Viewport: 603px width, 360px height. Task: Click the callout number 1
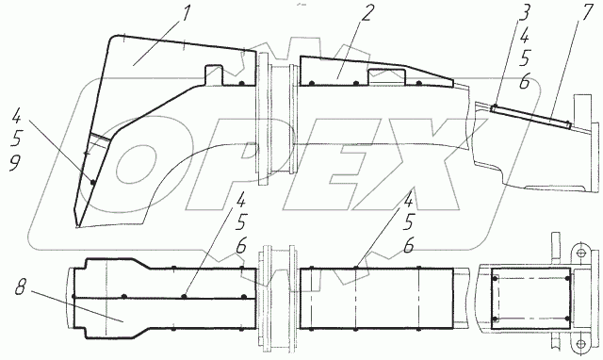coord(186,15)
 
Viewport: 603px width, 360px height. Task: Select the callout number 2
coord(367,14)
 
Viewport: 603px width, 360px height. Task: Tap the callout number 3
coord(525,12)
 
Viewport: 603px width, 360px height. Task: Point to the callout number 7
coord(586,13)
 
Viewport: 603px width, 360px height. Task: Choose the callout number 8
coord(21,288)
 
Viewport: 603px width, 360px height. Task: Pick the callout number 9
coord(15,164)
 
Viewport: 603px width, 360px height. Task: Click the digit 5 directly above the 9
coord(17,139)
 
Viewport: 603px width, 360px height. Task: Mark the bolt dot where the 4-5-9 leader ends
coord(92,182)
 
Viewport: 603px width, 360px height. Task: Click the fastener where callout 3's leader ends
coord(495,106)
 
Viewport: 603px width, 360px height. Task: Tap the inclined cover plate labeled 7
coord(530,116)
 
